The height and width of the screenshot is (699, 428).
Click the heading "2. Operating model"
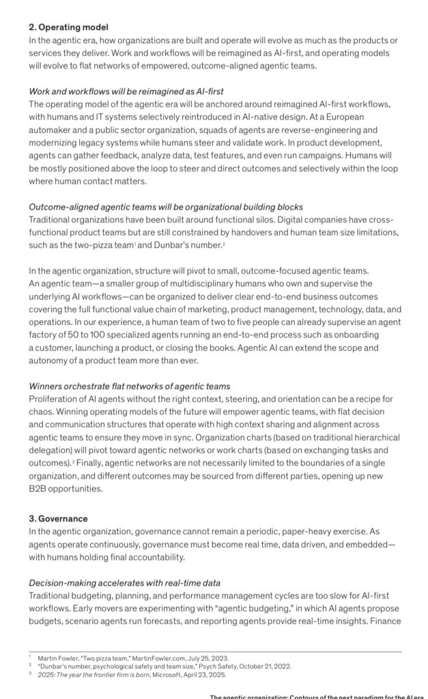click(x=68, y=28)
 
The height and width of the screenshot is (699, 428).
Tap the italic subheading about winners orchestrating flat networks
click(x=129, y=386)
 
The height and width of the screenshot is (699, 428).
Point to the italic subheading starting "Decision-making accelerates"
click(x=124, y=582)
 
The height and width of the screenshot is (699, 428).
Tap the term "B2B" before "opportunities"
click(x=39, y=488)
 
